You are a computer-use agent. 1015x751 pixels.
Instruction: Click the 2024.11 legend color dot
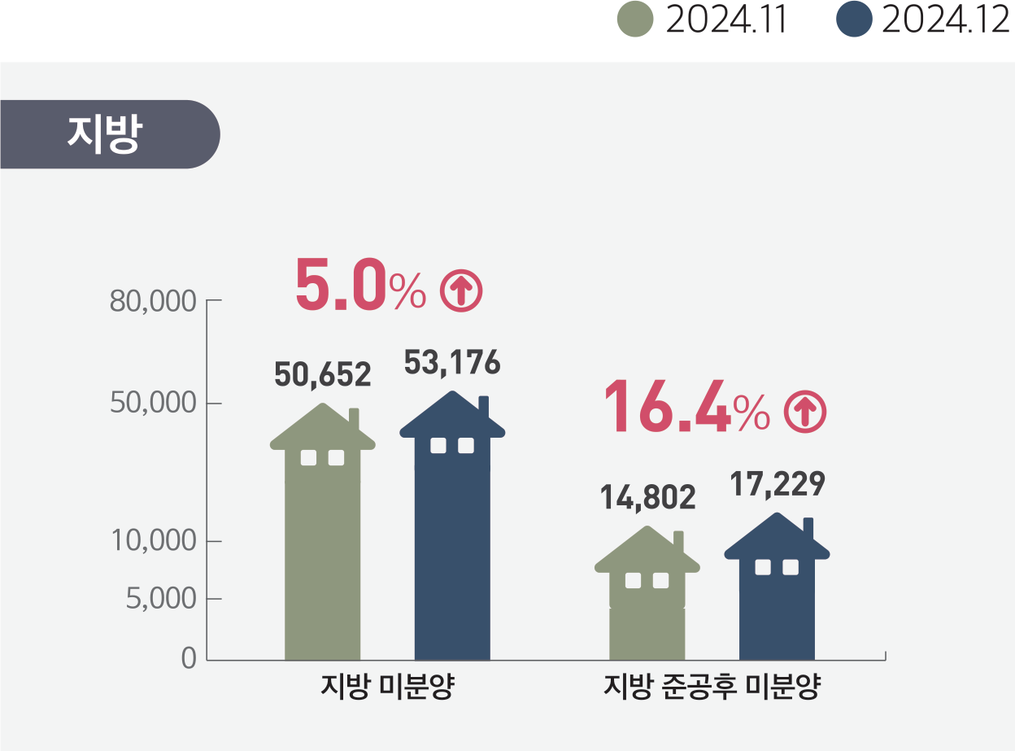(x=636, y=20)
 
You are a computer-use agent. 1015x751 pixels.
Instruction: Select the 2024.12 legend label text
(x=945, y=20)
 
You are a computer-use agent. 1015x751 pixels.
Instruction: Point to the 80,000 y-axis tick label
(x=153, y=301)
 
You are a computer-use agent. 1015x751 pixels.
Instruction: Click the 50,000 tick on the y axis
(x=153, y=404)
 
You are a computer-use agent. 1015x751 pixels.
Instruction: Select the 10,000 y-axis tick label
(x=153, y=540)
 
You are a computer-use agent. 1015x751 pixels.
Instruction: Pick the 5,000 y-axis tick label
(x=160, y=600)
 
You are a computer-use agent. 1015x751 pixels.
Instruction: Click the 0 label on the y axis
(x=189, y=658)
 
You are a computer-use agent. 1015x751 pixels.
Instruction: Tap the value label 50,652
(x=322, y=374)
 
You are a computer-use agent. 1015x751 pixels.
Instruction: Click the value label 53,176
(x=451, y=364)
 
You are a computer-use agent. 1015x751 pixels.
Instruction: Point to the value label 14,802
(x=647, y=497)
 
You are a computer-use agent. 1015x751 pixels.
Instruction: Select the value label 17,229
(x=777, y=484)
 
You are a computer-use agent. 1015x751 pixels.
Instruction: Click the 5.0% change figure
(x=359, y=286)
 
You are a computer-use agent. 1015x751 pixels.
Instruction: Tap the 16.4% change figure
(x=686, y=406)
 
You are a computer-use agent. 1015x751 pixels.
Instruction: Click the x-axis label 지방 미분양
(x=387, y=687)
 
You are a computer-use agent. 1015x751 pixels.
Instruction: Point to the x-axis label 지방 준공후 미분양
(x=712, y=687)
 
